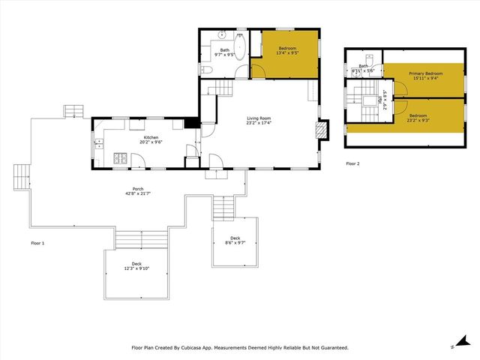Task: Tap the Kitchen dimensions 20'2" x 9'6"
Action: point(151,143)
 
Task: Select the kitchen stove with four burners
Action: point(118,158)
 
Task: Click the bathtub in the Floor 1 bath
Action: point(241,43)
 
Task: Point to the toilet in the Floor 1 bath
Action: point(208,69)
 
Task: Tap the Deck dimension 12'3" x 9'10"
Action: point(136,268)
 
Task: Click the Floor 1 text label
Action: point(37,244)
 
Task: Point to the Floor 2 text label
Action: point(353,163)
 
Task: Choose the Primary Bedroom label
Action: point(425,73)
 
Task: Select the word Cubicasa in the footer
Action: point(193,347)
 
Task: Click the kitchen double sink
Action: point(98,145)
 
